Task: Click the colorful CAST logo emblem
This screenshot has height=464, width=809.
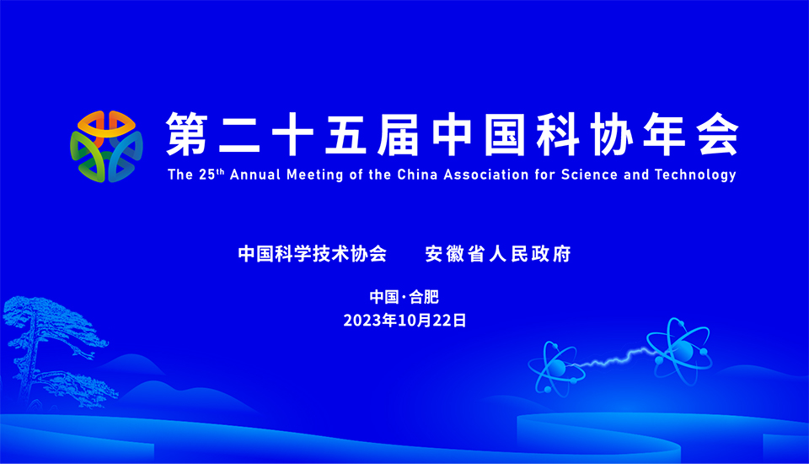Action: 106,146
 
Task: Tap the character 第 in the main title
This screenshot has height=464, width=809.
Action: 187,134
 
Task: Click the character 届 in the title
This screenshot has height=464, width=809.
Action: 398,134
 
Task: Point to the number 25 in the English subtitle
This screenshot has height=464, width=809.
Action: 207,175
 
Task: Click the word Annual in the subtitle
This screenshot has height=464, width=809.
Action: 255,175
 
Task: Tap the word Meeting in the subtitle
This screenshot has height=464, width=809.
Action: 314,175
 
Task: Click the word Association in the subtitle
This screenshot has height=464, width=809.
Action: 486,175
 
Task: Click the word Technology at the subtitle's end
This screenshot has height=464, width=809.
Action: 695,175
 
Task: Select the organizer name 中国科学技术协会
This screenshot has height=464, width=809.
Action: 313,254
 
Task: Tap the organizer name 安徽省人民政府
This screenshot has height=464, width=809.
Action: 498,254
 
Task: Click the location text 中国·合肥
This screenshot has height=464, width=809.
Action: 404,297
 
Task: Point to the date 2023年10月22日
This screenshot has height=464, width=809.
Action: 404,321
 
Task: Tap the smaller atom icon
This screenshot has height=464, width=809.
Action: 557,368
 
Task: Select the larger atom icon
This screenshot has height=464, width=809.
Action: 679,351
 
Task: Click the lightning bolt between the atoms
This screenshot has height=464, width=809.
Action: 614,358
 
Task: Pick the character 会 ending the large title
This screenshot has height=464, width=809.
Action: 718,134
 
